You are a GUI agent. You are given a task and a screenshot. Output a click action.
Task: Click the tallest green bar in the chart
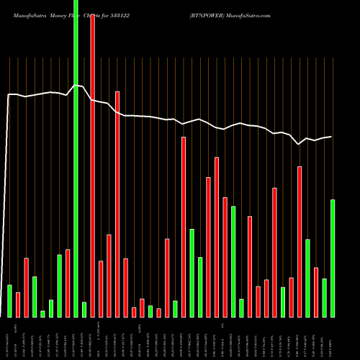point(76,158)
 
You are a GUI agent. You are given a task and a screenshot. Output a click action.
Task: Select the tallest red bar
point(92,166)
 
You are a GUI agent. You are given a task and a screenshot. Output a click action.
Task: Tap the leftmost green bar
point(9,301)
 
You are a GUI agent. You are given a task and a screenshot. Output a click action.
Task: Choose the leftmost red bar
point(18,305)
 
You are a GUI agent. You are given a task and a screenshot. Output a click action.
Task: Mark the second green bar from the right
point(325,297)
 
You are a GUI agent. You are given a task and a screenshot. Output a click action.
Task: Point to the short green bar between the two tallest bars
point(84,310)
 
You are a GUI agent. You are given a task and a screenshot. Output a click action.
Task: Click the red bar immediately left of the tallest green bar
point(68,283)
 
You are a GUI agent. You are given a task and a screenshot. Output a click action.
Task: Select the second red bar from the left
point(26,287)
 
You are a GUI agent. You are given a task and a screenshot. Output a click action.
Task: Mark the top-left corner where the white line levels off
point(9,94)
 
